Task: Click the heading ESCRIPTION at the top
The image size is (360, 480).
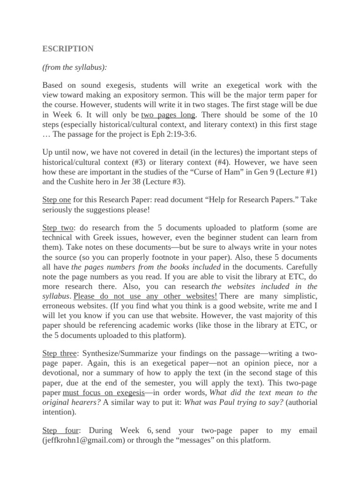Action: point(68,49)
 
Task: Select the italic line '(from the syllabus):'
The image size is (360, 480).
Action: point(75,67)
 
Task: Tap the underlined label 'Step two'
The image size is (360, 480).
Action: point(58,228)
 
